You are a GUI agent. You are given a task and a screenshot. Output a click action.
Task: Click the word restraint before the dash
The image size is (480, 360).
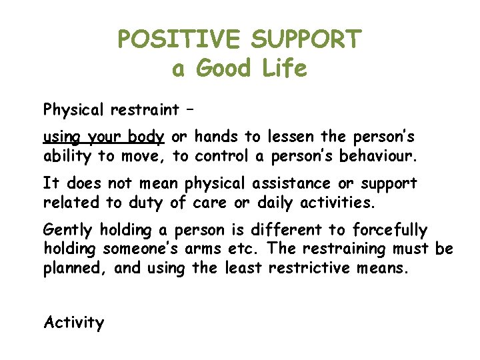point(147,109)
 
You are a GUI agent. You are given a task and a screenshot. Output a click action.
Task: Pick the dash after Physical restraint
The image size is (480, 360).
point(193,110)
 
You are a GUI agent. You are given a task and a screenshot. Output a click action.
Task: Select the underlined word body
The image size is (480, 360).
point(146,137)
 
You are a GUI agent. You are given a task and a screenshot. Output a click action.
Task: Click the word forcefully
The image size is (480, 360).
point(388,231)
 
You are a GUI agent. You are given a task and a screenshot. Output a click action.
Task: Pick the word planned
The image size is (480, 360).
point(75,269)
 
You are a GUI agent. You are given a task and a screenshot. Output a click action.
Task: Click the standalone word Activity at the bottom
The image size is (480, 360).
point(74,323)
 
